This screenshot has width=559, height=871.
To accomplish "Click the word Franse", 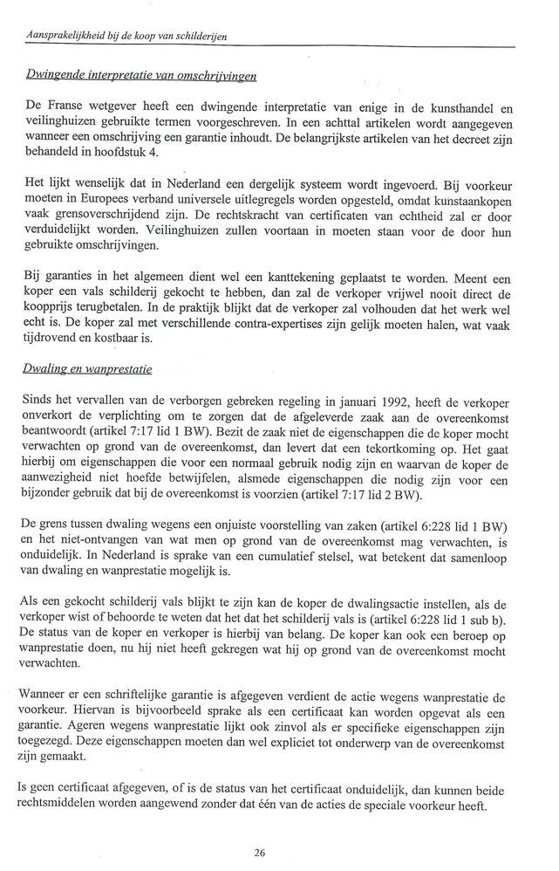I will pyautogui.click(x=70, y=106).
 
